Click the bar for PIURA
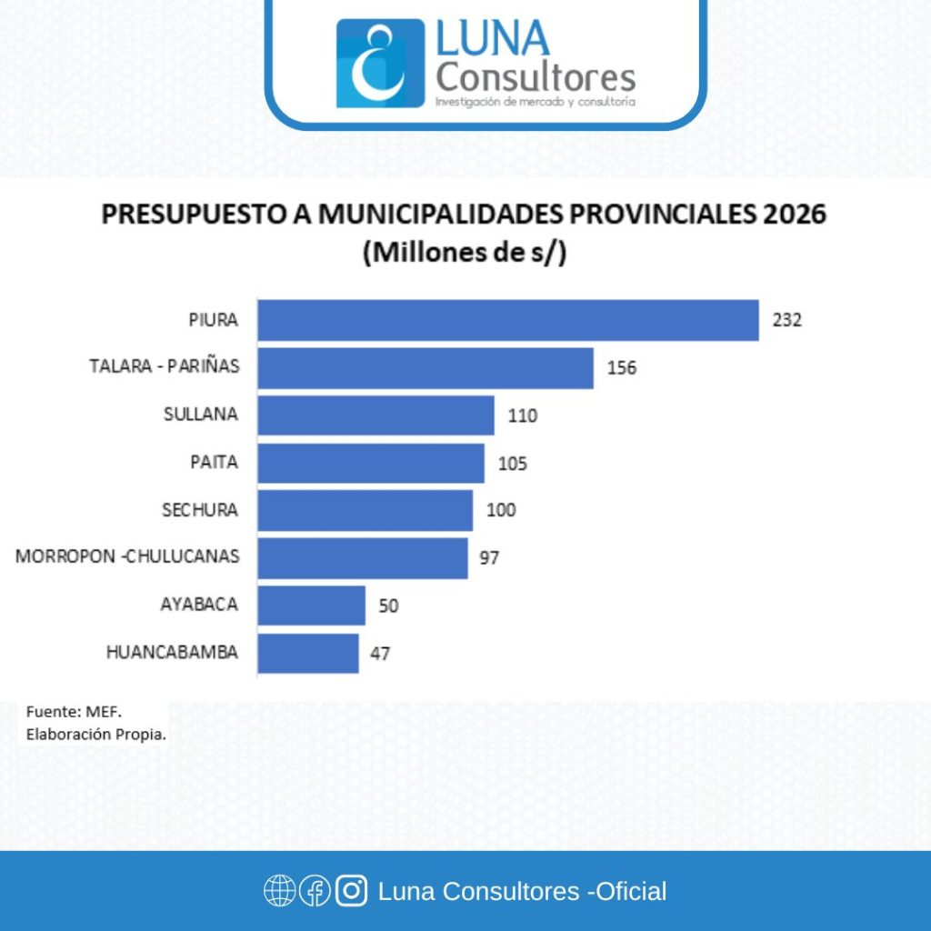(507, 320)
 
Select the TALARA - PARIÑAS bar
(425, 367)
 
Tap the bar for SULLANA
(375, 415)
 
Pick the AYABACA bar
(311, 605)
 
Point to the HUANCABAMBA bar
(307, 653)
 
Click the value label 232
(787, 320)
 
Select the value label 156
(622, 368)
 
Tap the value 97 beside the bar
(489, 557)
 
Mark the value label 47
(380, 653)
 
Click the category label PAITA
(214, 463)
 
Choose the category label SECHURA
(200, 510)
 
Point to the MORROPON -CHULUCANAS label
(127, 557)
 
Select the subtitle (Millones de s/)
(465, 253)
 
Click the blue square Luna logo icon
(380, 64)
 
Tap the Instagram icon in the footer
(351, 891)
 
